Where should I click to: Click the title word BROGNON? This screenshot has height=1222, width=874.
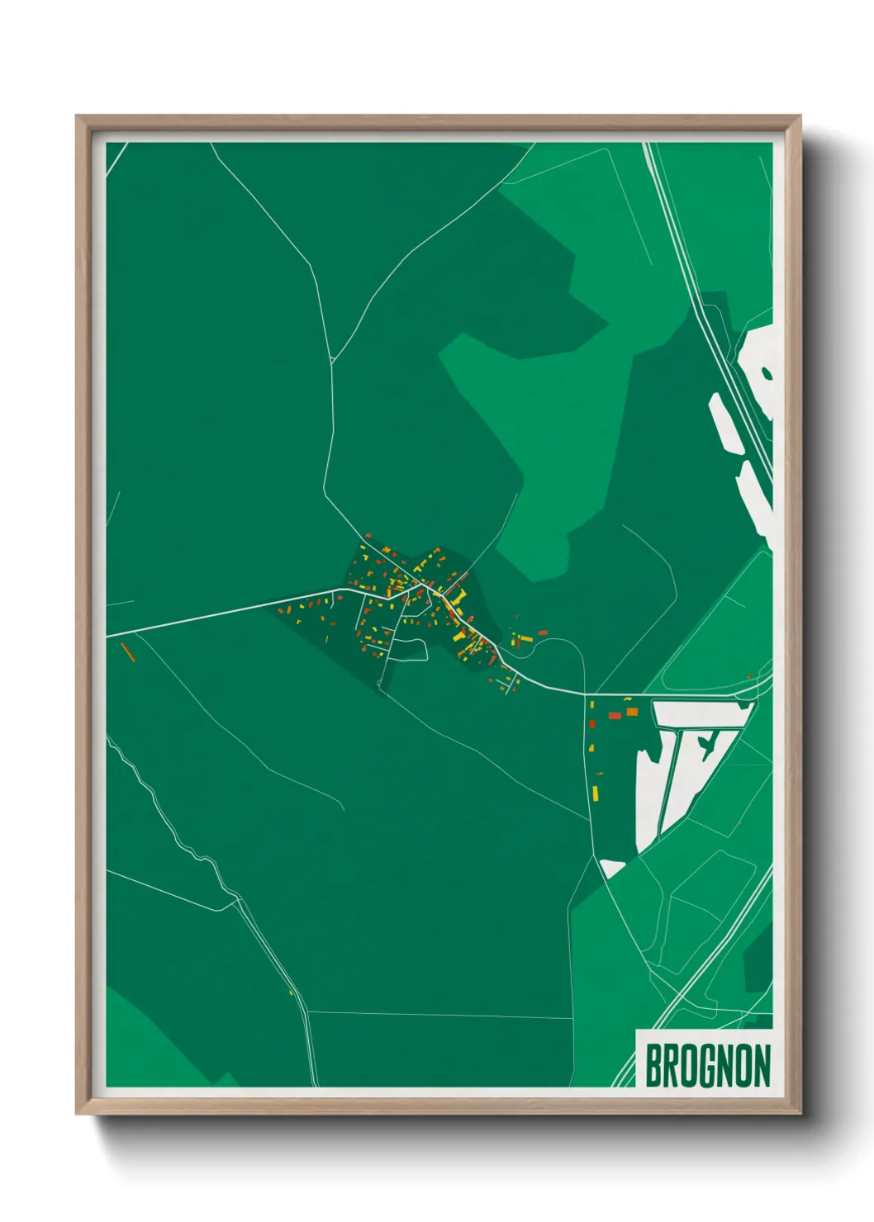tap(707, 1066)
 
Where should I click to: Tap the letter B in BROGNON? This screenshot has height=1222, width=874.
tap(653, 1066)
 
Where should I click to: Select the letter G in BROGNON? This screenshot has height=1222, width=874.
tap(707, 1066)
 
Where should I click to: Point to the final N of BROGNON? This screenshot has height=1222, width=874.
tap(762, 1066)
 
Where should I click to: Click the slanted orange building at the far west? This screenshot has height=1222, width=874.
tap(127, 651)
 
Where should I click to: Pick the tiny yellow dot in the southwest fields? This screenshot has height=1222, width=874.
tap(292, 992)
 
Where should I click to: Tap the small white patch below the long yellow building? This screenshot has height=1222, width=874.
tap(612, 867)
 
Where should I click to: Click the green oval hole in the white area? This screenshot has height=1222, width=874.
tap(766, 373)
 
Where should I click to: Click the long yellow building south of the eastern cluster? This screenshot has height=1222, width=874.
tap(595, 793)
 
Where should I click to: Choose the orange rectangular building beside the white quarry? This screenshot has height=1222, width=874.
tap(632, 712)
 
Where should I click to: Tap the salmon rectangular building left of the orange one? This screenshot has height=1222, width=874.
tap(614, 716)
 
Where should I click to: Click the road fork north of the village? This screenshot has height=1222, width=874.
tap(331, 360)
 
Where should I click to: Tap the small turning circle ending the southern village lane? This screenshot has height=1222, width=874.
tap(380, 684)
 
